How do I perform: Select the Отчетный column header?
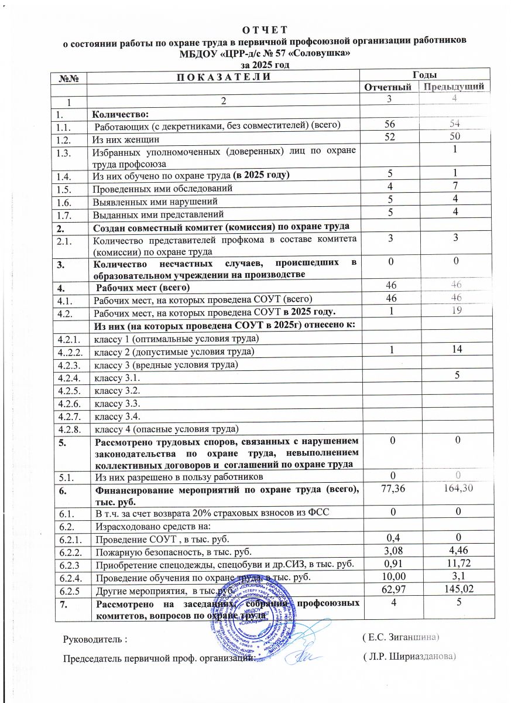tap(389, 87)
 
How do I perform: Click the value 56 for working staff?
tap(389, 124)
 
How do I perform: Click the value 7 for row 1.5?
tap(453, 189)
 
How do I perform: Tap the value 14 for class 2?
tap(453, 351)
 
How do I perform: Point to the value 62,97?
tap(389, 591)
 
